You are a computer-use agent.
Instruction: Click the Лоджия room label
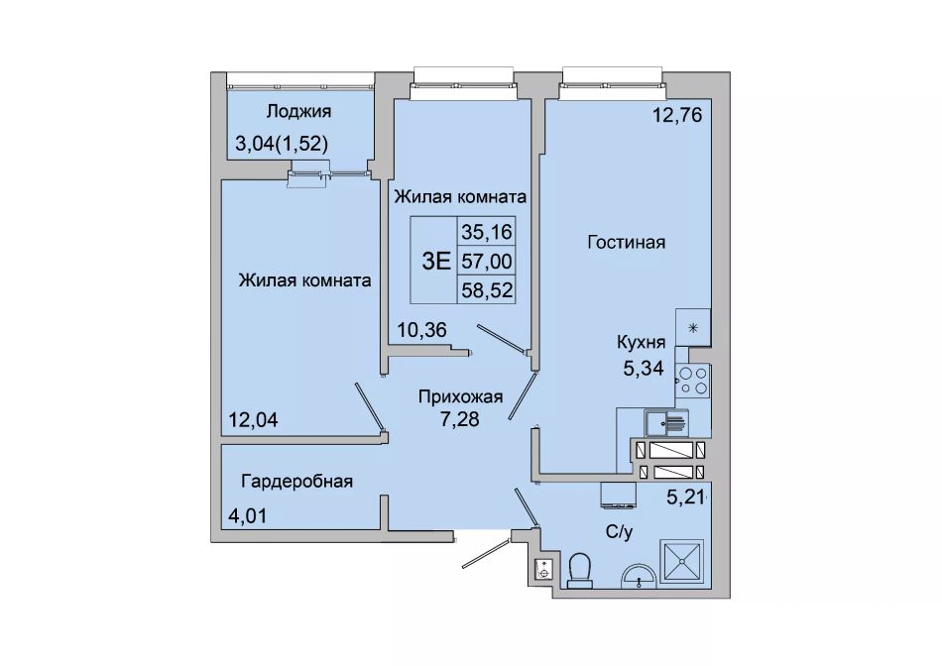click(x=298, y=112)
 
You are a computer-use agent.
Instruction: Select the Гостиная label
click(x=626, y=242)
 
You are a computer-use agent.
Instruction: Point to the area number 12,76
click(x=677, y=115)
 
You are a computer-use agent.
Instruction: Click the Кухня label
click(x=641, y=342)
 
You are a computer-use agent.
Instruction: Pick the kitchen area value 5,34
click(x=644, y=368)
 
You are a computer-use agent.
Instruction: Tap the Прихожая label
click(x=460, y=397)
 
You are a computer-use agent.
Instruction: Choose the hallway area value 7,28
click(x=459, y=418)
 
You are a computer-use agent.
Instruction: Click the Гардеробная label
click(x=296, y=482)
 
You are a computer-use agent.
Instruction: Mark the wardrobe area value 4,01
click(x=247, y=515)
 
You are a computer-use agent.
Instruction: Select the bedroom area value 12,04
click(x=253, y=419)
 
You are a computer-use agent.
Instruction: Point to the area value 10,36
click(x=422, y=330)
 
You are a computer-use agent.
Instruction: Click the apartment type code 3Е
click(x=436, y=261)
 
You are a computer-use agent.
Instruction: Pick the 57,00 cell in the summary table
click(x=487, y=261)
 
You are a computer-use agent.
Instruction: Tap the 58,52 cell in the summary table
click(x=487, y=289)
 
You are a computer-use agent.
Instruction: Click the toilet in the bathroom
click(x=580, y=570)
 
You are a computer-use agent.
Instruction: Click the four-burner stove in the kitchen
click(x=693, y=381)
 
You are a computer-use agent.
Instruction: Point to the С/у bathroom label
click(x=620, y=532)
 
